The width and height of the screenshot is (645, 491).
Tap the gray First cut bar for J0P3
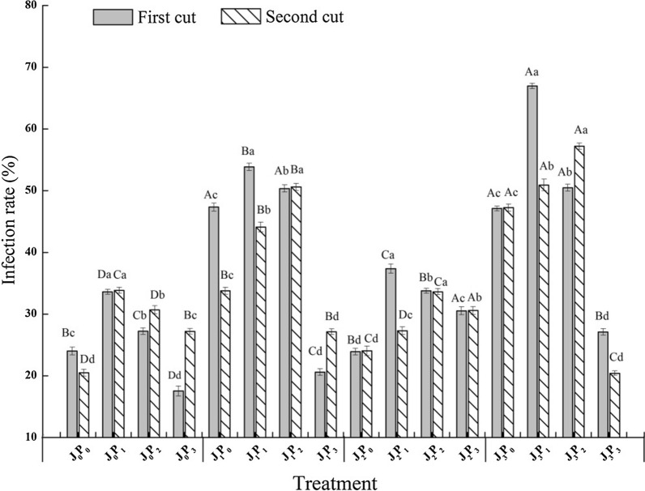pos(178,414)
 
